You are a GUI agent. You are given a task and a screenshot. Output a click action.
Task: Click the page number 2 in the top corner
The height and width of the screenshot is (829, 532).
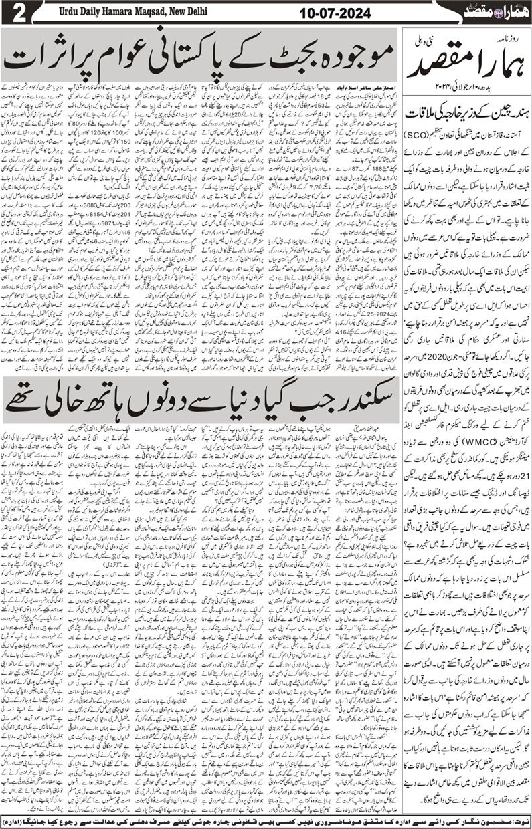point(14,13)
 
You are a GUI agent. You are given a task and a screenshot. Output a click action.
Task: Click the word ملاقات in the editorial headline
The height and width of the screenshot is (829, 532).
point(423,114)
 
